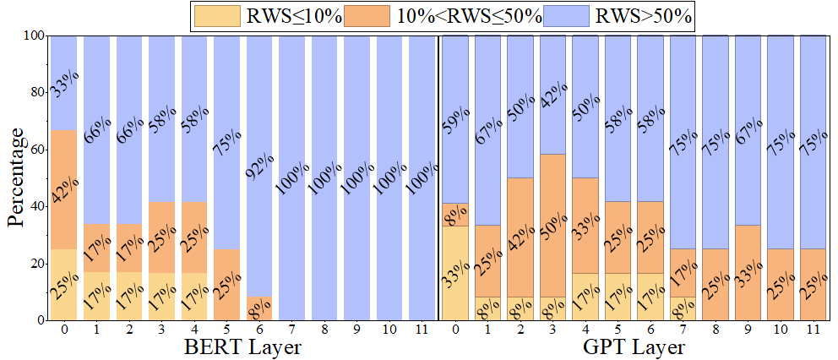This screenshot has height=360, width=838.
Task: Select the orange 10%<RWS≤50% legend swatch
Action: [385, 15]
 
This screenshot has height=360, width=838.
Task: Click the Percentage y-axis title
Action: [16, 177]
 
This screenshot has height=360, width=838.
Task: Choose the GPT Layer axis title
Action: [634, 347]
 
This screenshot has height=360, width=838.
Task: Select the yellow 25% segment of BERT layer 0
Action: [64, 285]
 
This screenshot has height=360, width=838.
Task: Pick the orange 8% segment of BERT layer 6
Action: [260, 309]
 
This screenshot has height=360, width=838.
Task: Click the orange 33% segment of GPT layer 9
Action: [749, 273]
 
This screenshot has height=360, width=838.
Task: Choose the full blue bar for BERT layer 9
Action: [358, 177]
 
